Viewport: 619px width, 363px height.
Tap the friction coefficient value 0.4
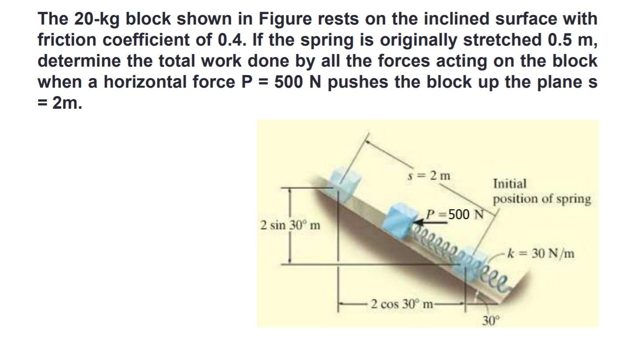point(231,39)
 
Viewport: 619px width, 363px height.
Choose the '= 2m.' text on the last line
point(60,103)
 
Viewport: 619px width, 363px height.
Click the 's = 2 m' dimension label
point(429,175)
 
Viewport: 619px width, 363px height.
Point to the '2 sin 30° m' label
point(290,225)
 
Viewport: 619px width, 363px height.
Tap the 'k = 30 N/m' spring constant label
point(540,253)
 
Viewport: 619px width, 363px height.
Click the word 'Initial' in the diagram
point(510,183)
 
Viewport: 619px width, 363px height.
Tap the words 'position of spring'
point(542,199)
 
